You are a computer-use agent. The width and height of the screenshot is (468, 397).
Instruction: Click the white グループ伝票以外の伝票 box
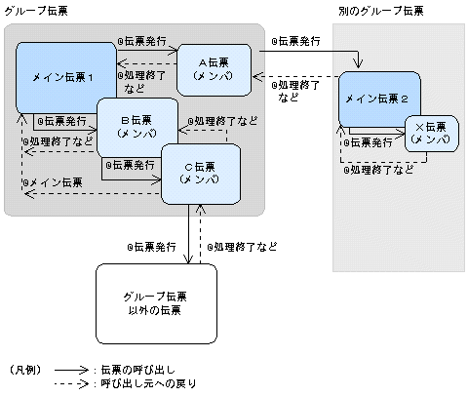pyautogui.click(x=157, y=301)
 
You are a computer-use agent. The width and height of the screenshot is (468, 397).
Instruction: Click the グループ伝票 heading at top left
pyautogui.click(x=32, y=10)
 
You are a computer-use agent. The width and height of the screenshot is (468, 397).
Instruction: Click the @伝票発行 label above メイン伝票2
pyautogui.click(x=301, y=42)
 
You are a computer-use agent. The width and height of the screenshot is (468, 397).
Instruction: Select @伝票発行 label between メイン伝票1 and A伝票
pyautogui.click(x=141, y=44)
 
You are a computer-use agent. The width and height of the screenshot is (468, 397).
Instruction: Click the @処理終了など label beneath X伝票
pyautogui.click(x=380, y=168)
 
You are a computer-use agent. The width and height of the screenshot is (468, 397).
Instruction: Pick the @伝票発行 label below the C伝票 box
pyautogui.click(x=152, y=247)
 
